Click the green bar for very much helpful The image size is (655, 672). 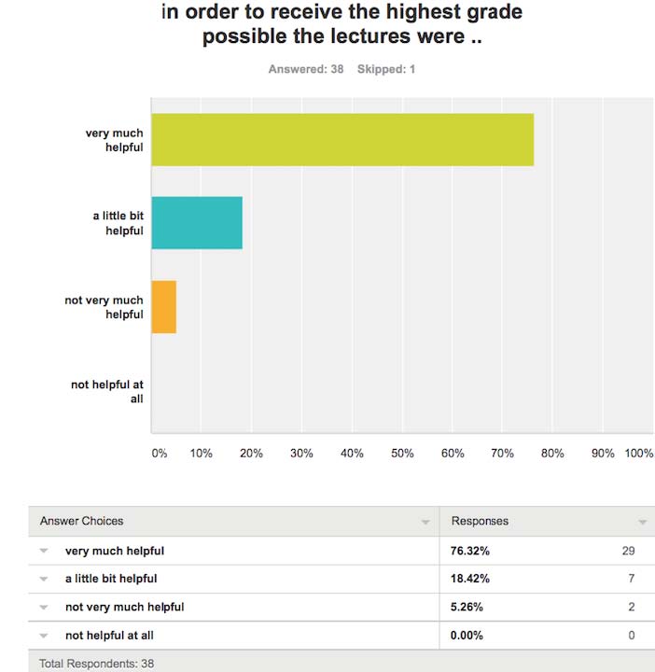[x=342, y=140]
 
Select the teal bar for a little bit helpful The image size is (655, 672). [x=197, y=223]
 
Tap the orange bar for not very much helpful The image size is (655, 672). [x=163, y=307]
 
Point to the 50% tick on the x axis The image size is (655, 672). [x=401, y=454]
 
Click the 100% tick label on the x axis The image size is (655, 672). [x=638, y=454]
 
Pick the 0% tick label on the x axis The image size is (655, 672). [x=160, y=454]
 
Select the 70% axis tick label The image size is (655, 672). [x=502, y=454]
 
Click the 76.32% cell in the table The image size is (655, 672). [x=470, y=551]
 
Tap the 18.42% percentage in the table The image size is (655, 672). [x=470, y=579]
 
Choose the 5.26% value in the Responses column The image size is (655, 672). [x=467, y=607]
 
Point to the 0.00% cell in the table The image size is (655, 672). [x=467, y=635]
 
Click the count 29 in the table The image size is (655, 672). [x=628, y=551]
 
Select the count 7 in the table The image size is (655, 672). [x=631, y=579]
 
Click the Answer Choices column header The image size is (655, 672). [x=81, y=521]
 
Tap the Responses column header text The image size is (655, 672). [x=480, y=521]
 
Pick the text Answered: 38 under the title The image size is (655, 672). [x=306, y=69]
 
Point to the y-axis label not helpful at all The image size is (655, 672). [x=107, y=391]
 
